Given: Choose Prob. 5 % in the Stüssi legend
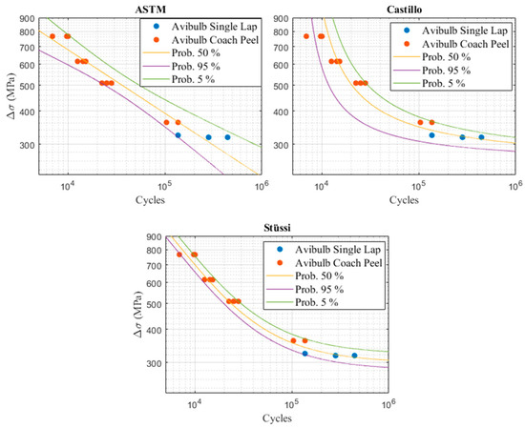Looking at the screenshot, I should point(317,302).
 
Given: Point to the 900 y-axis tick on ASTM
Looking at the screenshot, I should point(26,18).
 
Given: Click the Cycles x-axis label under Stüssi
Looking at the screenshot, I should point(277,418).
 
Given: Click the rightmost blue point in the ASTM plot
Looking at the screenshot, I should point(227,137).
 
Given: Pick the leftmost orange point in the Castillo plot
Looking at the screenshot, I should point(306,36).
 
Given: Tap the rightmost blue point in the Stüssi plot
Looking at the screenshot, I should point(354,356).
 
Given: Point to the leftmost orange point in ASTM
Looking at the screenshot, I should point(52,36).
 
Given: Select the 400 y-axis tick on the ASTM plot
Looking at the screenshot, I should point(26,111).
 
